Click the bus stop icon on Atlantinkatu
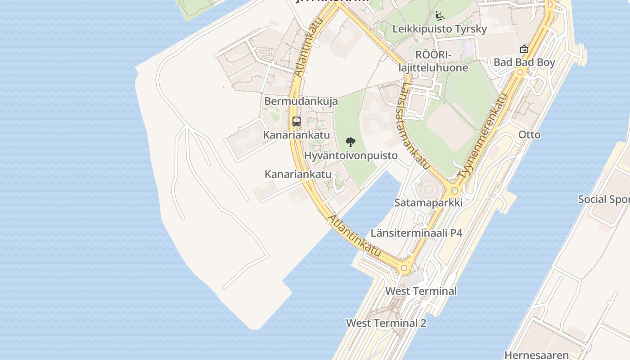[296, 121]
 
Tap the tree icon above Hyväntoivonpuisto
[350, 143]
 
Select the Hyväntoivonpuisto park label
[351, 156]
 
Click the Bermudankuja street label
[301, 101]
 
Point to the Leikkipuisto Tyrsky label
[440, 29]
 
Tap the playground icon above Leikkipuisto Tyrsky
[440, 16]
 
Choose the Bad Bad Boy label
[524, 63]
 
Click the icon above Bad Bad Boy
[524, 49]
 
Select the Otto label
[529, 135]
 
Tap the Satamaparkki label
[428, 202]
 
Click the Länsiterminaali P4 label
[416, 233]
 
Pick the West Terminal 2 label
[386, 323]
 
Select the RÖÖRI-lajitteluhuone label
[433, 61]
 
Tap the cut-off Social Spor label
[603, 199]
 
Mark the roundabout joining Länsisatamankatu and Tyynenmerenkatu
[454, 190]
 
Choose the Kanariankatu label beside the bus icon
[296, 135]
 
